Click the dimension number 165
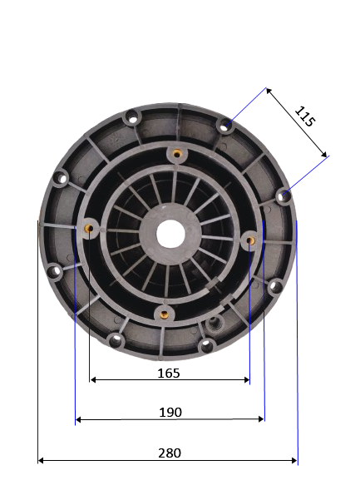coord(169,374)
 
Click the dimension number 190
coord(170,413)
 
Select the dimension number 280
coord(170,453)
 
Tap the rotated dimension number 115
coord(304,116)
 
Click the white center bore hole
coord(170,234)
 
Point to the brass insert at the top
coord(176,153)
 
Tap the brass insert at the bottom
coord(165,314)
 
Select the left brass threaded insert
coord(89,228)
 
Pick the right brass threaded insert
coord(250,240)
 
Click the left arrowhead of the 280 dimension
coord(41,460)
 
